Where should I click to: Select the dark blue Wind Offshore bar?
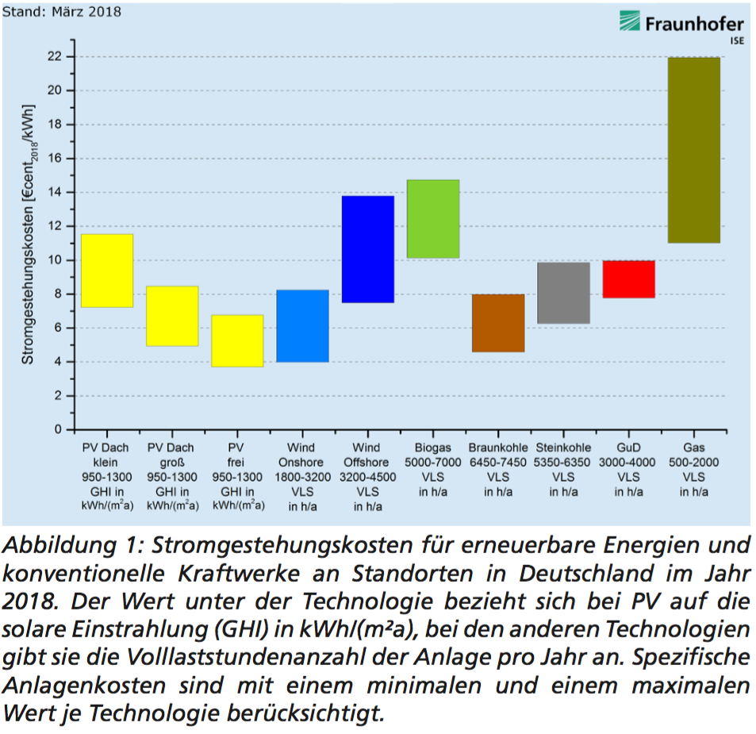[367, 249]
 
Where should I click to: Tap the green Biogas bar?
[432, 219]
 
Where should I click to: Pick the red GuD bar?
[628, 279]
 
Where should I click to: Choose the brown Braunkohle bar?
[497, 323]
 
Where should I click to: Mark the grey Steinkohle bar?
[563, 293]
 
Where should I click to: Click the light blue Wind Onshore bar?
[302, 326]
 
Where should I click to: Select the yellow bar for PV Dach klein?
[106, 271]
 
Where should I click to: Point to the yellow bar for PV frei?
[236, 341]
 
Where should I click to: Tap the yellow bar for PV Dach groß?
[171, 316]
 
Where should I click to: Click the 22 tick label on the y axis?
[53, 56]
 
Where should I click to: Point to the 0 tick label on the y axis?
[57, 429]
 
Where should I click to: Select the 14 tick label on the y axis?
[53, 192]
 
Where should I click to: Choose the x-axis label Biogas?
[432, 448]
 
